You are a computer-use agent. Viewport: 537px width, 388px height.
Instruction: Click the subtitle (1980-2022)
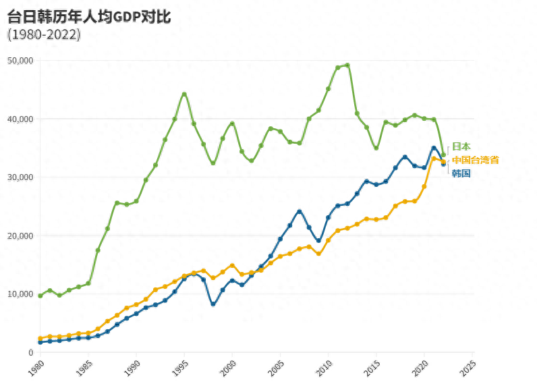[x=44, y=34]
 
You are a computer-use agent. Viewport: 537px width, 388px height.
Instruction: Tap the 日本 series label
[x=461, y=146]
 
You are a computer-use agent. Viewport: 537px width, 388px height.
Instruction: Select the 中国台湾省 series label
[x=476, y=160]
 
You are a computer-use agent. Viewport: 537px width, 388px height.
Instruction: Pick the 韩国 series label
[x=461, y=173]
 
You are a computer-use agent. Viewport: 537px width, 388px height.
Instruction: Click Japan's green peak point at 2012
[x=347, y=65]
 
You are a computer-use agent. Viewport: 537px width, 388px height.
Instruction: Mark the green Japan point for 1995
[x=184, y=94]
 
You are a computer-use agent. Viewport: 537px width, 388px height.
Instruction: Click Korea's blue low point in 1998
[x=213, y=304]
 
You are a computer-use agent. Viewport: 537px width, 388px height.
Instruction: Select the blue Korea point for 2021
[x=434, y=148]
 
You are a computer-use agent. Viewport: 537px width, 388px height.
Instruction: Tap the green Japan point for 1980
[x=40, y=296]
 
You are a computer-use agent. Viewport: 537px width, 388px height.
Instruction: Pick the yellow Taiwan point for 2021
[x=434, y=159]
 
